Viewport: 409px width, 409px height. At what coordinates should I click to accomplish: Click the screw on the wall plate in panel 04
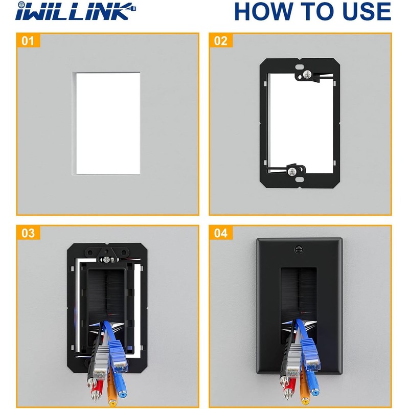click(299, 250)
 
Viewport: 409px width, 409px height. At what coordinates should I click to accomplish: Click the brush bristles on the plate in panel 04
click(299, 297)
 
